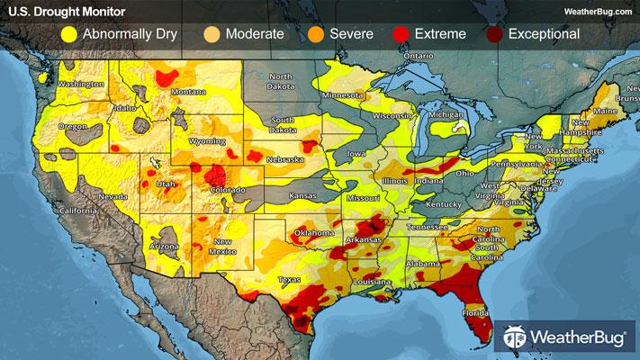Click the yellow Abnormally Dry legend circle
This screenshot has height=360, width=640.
(x=68, y=35)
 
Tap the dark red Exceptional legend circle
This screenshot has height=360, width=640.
(x=493, y=35)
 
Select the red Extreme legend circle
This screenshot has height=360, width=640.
(x=402, y=35)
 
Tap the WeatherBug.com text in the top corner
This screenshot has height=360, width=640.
(x=597, y=11)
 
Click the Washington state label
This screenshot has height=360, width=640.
(x=81, y=84)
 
